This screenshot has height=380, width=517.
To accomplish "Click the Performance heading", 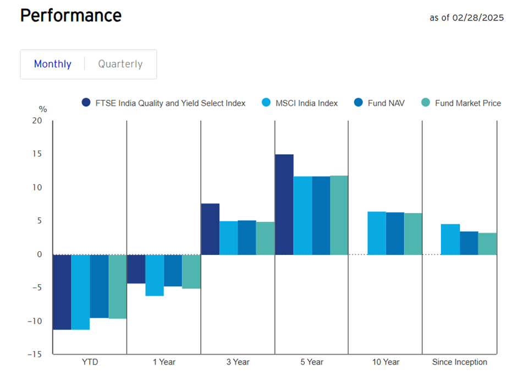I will tap(70, 15).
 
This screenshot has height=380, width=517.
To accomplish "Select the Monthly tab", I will tap(53, 64).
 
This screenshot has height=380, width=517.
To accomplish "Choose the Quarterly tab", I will tap(120, 64).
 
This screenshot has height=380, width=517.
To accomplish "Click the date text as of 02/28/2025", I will tap(466, 18).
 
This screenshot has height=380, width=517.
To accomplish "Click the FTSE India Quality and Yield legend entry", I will tap(163, 102).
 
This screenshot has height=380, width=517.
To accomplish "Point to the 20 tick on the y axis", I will tap(37, 121).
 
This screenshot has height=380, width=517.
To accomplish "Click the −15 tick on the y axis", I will tap(34, 355).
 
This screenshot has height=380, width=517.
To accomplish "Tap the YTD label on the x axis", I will tap(90, 362).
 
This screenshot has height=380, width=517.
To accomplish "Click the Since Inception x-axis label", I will tap(459, 362).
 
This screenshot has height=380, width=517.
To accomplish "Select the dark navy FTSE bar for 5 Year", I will tap(284, 204).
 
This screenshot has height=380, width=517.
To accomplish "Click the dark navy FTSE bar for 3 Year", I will tap(210, 229).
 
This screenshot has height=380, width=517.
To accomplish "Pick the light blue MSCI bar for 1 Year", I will tap(155, 275).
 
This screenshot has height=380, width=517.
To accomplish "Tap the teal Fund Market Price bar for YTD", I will tap(118, 286).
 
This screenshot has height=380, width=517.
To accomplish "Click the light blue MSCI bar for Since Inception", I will tap(450, 239).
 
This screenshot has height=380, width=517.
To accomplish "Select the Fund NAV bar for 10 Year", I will tap(395, 234).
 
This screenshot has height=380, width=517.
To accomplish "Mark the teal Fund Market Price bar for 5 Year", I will tap(339, 215).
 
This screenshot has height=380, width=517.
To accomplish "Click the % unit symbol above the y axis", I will tap(43, 110).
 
